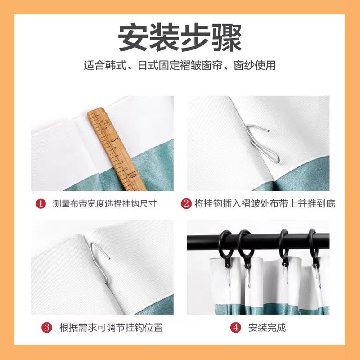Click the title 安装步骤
point(180,38)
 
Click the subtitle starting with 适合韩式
point(180,66)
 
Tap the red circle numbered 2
point(186,204)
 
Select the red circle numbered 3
point(47,327)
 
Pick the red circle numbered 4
point(236,327)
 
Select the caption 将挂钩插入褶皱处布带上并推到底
point(265,204)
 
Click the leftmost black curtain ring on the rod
point(226,245)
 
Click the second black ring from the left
point(245,245)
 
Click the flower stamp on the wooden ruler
point(107,123)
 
